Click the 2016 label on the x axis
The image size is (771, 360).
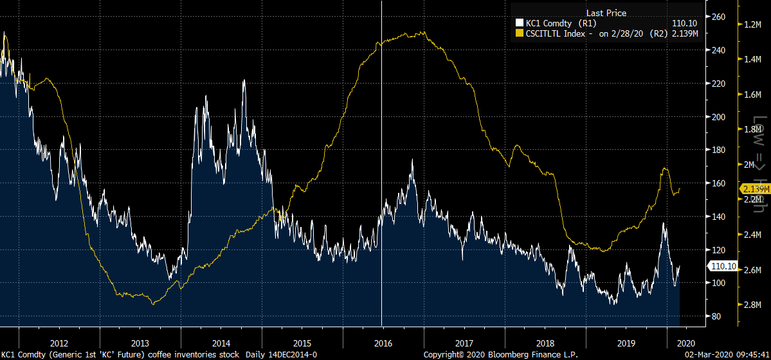point(383,343)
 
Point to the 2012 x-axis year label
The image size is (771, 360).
point(59,343)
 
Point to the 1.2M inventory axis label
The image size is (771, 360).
point(752,24)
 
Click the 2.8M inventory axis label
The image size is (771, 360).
point(752,305)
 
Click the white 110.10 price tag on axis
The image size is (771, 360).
point(720,266)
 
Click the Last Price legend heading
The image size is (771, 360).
point(606,13)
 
